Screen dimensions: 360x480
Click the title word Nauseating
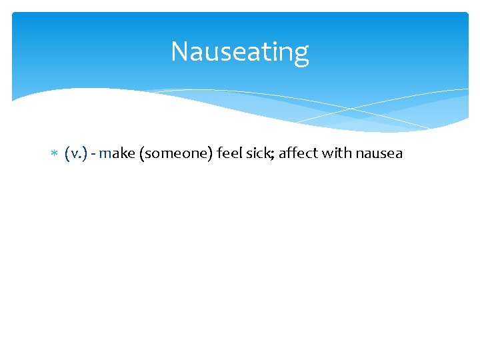[240, 52]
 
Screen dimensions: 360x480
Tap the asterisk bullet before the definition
[55, 155]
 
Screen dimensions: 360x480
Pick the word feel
[229, 154]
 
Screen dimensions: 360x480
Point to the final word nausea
[379, 154]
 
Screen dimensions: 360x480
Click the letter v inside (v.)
[74, 155]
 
